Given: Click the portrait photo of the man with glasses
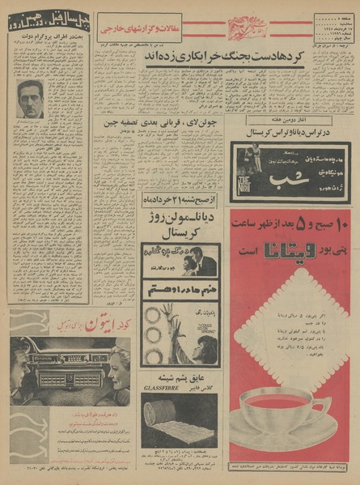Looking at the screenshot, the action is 30,99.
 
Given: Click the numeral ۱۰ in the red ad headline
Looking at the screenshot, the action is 338,222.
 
